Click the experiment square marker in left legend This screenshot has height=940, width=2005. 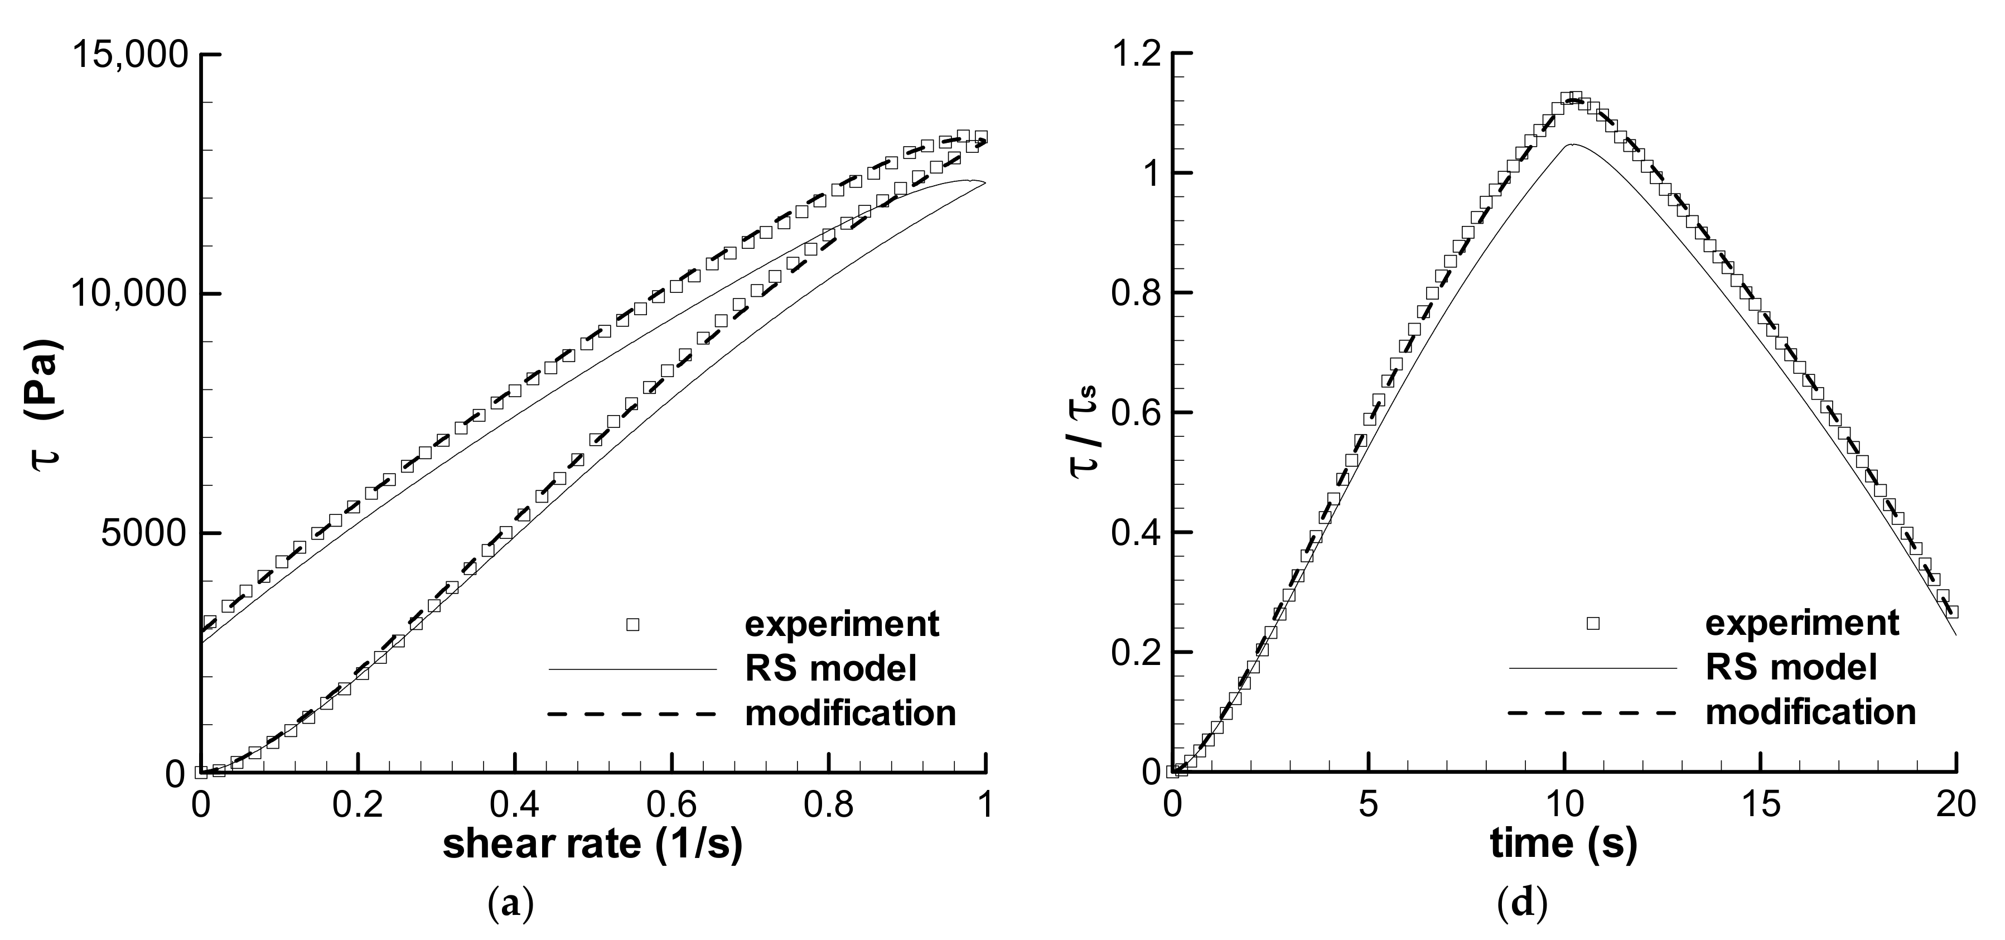point(633,625)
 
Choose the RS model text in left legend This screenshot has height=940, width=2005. point(830,668)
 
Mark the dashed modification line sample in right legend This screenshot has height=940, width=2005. point(1591,712)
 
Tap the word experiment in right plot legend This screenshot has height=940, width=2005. point(1802,624)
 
